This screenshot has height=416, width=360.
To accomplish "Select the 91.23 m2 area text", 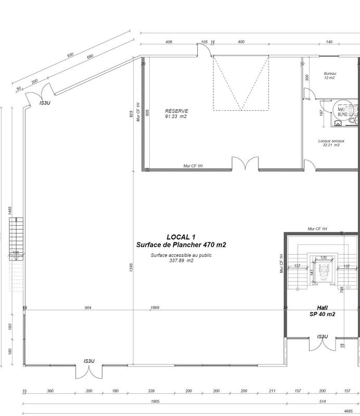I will (x=176, y=116).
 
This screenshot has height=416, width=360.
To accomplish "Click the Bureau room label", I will (x=330, y=73).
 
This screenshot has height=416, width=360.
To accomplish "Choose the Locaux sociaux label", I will (x=329, y=140).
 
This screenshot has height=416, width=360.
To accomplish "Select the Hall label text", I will (x=322, y=307).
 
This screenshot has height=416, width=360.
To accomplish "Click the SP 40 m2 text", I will (x=322, y=315).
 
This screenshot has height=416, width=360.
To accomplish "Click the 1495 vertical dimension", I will (x=10, y=210).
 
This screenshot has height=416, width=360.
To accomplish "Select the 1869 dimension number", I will (x=155, y=308).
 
